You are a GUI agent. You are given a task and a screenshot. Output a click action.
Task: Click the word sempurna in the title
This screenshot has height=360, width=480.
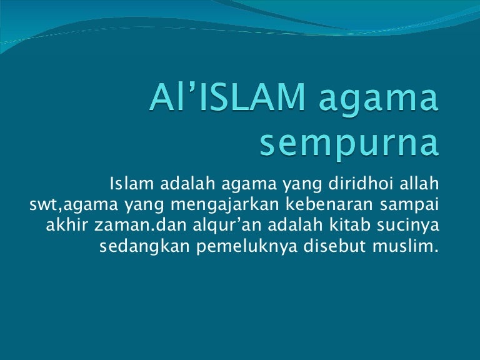(349, 143)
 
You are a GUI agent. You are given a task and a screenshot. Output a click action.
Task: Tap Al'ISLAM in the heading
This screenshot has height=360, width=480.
(227, 96)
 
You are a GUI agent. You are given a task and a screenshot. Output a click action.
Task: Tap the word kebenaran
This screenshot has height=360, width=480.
(329, 204)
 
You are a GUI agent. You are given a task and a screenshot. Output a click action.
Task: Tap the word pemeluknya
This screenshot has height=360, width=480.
(247, 246)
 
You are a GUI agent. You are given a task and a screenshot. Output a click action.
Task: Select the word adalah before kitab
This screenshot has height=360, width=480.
(296, 225)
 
